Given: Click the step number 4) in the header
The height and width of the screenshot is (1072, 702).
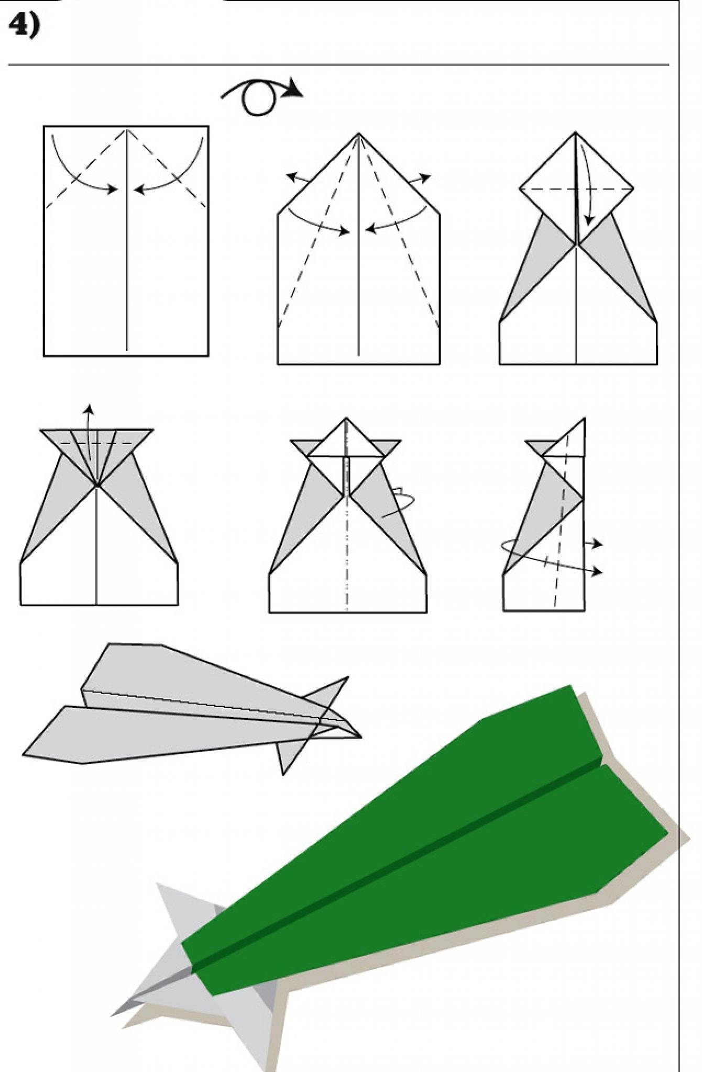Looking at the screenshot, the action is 24,25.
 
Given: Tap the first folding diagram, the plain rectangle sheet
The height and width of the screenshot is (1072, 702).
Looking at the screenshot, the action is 126,241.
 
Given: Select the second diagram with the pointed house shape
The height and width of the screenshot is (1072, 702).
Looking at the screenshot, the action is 358,249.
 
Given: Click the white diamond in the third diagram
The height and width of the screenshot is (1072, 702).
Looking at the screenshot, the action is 576,188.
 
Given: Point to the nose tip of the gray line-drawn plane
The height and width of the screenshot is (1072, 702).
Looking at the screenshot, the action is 360,738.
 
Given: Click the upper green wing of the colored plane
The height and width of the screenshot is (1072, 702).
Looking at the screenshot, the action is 419,801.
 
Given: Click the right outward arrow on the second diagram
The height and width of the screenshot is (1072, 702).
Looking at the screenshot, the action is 420,180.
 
